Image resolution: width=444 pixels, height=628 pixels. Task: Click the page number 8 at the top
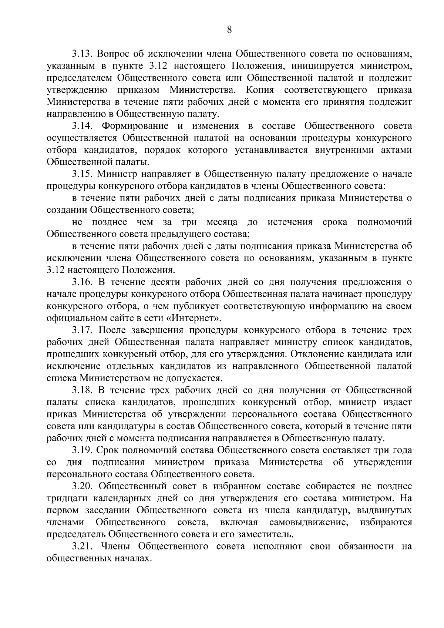click(229, 30)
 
